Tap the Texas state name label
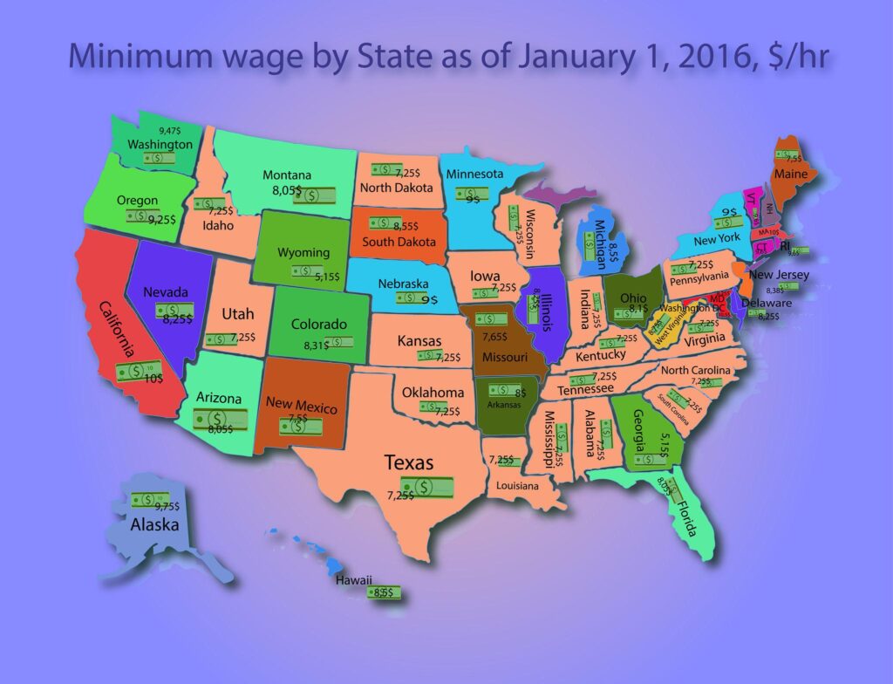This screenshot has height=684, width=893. (410, 463)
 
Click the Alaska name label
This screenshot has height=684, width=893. (154, 524)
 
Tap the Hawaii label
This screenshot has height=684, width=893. (355, 580)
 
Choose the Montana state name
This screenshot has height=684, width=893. (287, 175)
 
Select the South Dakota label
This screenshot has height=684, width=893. (399, 241)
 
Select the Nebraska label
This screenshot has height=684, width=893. (402, 284)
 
